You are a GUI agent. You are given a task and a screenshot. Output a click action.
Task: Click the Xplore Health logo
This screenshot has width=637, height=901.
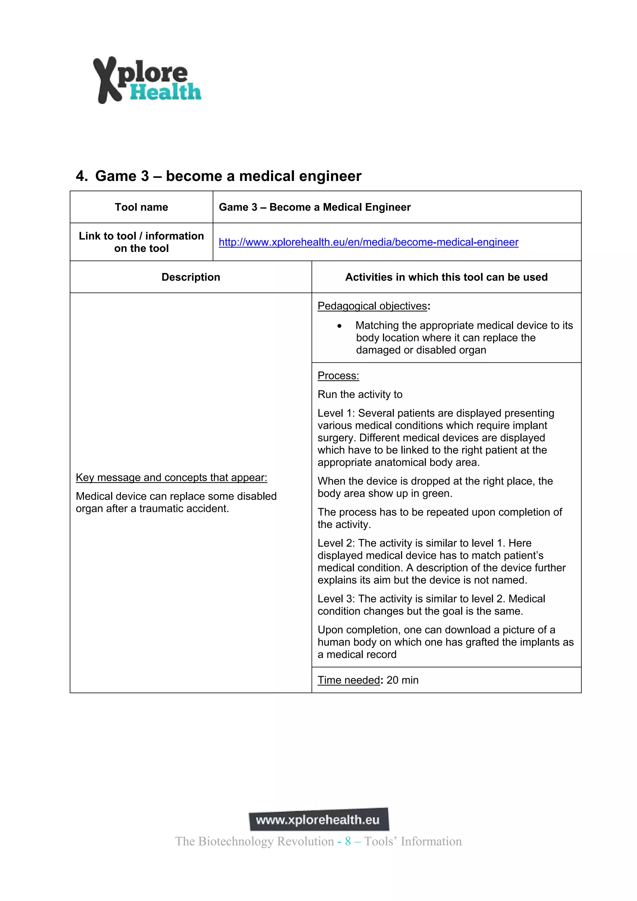pos(147,80)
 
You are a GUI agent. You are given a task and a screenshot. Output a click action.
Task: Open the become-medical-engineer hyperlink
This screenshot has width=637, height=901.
pos(368,242)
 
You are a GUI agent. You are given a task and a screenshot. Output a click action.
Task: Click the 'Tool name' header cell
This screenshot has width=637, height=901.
pos(141,207)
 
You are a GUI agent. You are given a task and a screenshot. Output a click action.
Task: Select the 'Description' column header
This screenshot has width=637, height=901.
pos(191,277)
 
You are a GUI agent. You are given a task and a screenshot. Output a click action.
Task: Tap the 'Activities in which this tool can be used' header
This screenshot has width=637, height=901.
pos(446,277)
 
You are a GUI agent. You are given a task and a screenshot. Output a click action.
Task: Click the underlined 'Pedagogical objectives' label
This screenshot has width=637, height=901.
pos(372,306)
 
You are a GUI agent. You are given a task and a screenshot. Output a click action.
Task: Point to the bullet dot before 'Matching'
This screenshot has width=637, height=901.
pos(339,326)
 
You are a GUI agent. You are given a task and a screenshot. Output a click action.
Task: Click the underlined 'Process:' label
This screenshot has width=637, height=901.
pos(338,376)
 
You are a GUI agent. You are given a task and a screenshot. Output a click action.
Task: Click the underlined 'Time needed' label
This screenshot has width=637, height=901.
pos(349,680)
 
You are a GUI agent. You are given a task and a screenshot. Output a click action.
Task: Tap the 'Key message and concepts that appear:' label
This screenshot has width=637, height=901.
pos(171,478)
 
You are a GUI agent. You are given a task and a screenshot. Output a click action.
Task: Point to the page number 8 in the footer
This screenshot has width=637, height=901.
pos(348,841)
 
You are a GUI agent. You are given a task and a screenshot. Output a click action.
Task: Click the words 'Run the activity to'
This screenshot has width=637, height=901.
pos(360,394)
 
